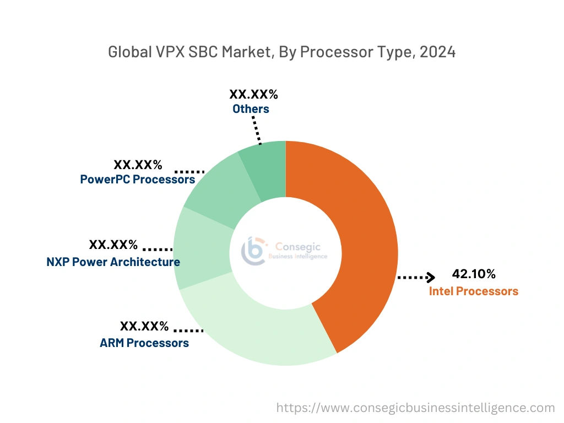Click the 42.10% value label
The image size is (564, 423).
(474, 274)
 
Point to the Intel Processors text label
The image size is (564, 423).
(474, 291)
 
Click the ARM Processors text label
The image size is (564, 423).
(144, 343)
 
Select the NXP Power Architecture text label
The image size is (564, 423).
(113, 262)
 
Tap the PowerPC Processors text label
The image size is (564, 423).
(137, 179)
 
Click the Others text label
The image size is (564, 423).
(251, 109)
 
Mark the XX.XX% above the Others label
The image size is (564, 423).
(253, 94)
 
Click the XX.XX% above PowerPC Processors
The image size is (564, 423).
(138, 165)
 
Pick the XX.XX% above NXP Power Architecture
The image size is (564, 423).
(113, 245)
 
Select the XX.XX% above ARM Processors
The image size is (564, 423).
(144, 326)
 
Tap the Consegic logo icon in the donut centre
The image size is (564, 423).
(253, 251)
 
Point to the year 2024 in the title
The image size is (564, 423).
(437, 52)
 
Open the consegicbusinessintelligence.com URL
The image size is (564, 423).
(415, 408)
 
